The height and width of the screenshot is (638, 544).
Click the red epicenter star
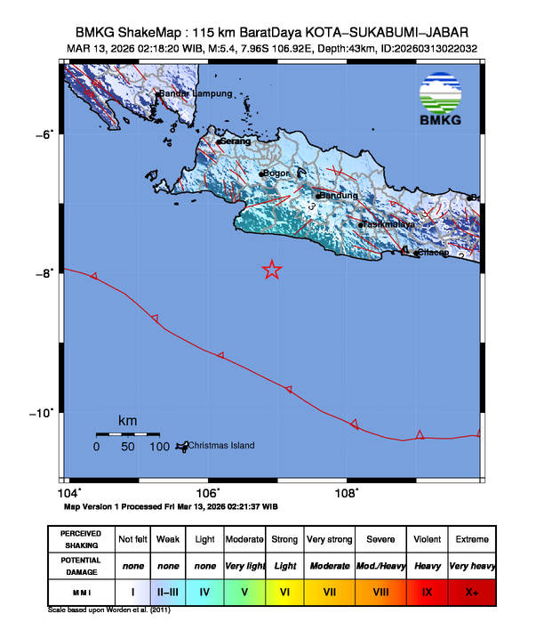click(272, 270)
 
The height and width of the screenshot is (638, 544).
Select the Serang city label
click(236, 141)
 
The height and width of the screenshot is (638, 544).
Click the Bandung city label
click(340, 196)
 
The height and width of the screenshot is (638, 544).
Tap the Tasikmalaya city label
click(389, 225)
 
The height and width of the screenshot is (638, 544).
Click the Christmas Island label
click(221, 446)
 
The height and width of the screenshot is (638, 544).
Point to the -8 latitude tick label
click(44, 273)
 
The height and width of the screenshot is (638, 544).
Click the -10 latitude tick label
click(42, 413)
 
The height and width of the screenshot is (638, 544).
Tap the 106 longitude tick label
click(207, 493)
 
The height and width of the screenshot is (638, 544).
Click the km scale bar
click(127, 434)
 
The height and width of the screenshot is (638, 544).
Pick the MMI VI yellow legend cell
click(284, 591)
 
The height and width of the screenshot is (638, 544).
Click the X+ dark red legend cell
click(471, 591)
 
